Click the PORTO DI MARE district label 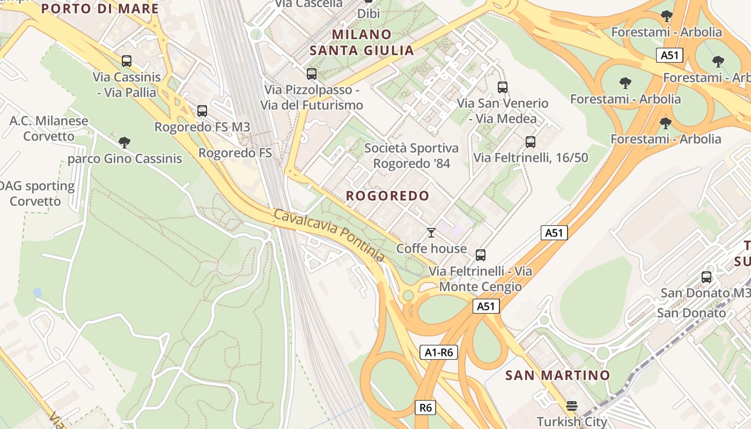coord(100,9)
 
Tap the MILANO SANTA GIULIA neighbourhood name coord(362,42)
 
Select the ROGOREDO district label coord(387,196)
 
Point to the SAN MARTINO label coord(557,375)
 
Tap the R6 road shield coord(425,408)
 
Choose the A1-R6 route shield coord(438,352)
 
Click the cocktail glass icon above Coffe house coord(431,233)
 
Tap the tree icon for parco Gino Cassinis coord(124,143)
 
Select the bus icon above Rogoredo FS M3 coord(202,111)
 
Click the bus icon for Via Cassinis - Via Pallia coord(127,61)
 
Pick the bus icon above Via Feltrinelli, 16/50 coord(531,142)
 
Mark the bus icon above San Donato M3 coord(706,277)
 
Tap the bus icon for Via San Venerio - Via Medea coord(503,87)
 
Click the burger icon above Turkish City coord(572,406)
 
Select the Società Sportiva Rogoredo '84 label coord(411,156)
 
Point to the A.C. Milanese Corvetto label coord(48,128)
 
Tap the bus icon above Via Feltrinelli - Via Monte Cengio coord(481,255)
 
